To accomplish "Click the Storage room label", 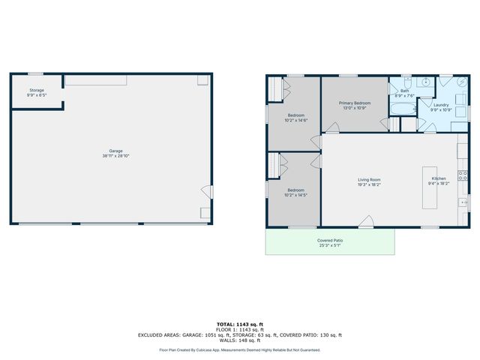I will click(36, 90).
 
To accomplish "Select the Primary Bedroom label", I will click(355, 103).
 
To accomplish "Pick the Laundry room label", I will click(441, 105).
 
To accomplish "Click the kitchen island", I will click(430, 187).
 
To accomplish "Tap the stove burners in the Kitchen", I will click(463, 177).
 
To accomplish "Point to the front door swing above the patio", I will click(366, 220).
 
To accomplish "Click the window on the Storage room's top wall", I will click(35, 73).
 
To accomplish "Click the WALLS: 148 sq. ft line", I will click(240, 340).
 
